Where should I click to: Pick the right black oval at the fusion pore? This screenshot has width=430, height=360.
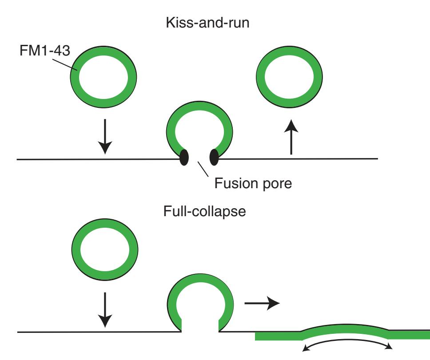pyautogui.click(x=214, y=157)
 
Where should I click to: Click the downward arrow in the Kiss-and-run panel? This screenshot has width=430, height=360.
pyautogui.click(x=104, y=137)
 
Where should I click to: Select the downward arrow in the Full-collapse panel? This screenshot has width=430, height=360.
pyautogui.click(x=104, y=309)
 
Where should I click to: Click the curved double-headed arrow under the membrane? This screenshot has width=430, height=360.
pyautogui.click(x=347, y=346)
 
